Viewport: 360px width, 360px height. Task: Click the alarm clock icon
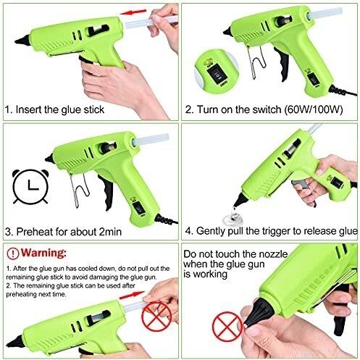(30, 186)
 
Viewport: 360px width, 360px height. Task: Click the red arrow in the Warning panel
(131, 295)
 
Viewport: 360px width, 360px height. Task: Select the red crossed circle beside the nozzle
(227, 327)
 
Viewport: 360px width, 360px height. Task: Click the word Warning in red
(43, 253)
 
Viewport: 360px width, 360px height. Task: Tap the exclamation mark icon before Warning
(13, 254)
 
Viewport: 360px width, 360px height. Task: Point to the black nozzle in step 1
(23, 41)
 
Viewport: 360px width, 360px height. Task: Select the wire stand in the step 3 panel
(79, 190)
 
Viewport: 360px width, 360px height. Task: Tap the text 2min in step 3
(110, 232)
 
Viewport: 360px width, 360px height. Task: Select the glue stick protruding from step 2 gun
(325, 12)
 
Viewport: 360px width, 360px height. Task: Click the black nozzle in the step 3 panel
(49, 158)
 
